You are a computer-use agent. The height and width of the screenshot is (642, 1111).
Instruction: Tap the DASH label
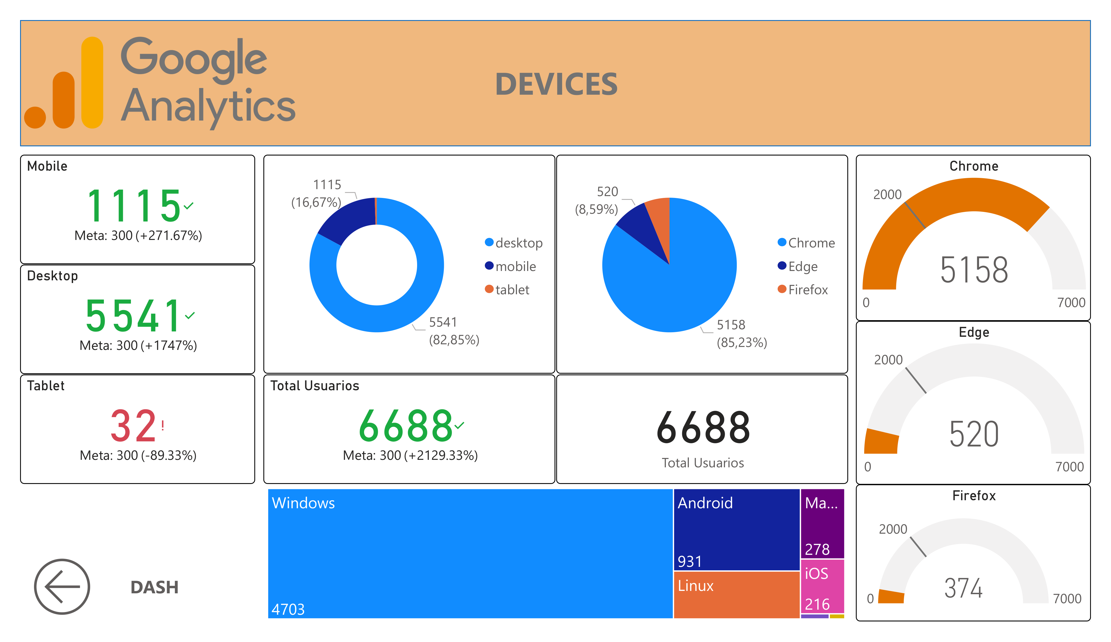(154, 587)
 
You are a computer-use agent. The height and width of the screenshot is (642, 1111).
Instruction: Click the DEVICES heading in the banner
(556, 84)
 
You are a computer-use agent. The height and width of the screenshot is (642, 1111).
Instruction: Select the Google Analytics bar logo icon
(64, 84)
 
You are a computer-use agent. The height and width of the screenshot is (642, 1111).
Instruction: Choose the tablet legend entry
(511, 289)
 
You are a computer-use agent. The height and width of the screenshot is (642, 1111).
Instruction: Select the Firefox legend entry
(807, 289)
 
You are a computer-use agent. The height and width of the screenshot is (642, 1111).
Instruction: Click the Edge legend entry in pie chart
(802, 266)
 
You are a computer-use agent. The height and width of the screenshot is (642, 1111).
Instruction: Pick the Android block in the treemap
(736, 529)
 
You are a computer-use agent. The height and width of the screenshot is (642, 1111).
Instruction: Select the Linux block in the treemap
(736, 594)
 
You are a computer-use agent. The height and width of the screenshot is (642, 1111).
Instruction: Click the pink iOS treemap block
(822, 586)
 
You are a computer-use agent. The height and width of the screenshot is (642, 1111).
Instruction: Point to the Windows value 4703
(288, 609)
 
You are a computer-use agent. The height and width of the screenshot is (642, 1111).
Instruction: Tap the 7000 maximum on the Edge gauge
(1069, 467)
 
